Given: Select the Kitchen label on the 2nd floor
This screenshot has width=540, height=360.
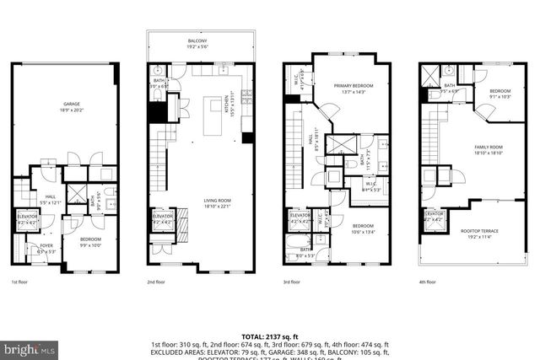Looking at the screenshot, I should (x=226, y=106).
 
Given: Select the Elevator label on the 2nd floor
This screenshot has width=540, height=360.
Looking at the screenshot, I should (x=163, y=218).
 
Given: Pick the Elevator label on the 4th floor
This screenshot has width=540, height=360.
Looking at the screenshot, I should (x=435, y=216).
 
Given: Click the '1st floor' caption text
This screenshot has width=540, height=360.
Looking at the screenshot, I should (x=20, y=282).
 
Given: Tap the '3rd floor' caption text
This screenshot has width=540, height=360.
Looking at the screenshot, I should (x=292, y=282).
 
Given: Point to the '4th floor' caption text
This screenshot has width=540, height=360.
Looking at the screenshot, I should (x=429, y=282).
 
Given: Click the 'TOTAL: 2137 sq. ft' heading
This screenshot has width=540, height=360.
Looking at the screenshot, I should (x=270, y=336).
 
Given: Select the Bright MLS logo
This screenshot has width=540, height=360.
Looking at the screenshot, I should (x=30, y=347).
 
